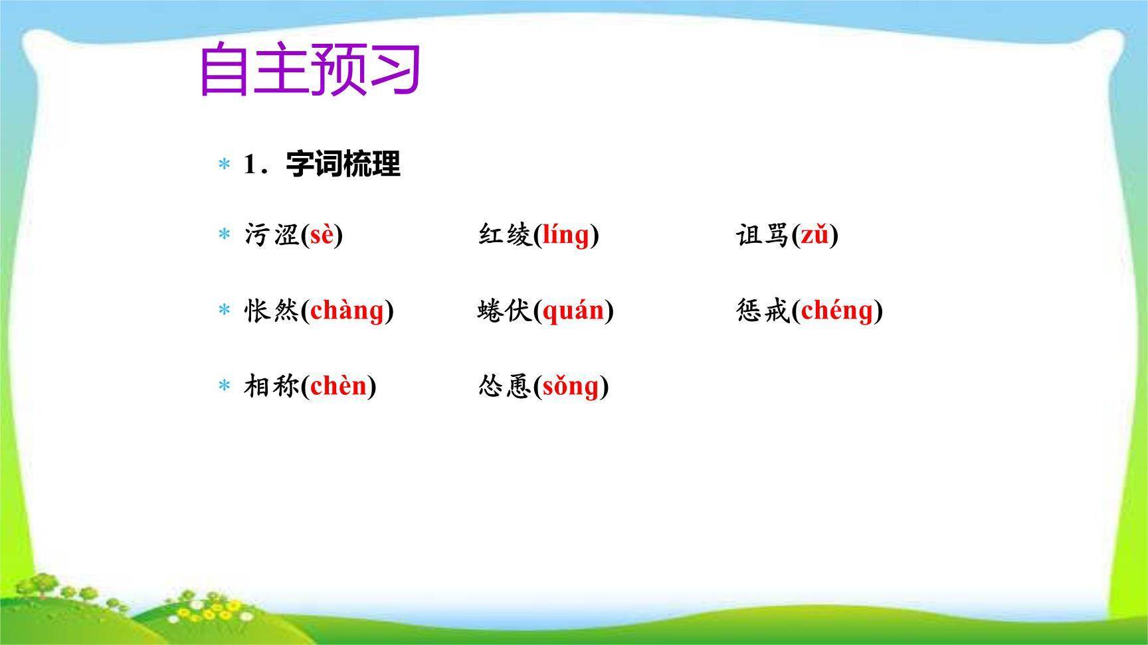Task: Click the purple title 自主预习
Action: click(310, 69)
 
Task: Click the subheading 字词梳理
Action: click(343, 164)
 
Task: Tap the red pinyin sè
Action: click(322, 235)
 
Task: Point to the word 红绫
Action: click(505, 235)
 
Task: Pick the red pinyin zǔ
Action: click(814, 235)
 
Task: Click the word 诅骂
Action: click(763, 235)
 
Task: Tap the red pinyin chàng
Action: click(347, 311)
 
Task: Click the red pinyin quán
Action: click(573, 311)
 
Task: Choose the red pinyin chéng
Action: click(837, 311)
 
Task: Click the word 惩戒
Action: click(763, 311)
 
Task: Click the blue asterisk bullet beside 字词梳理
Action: click(225, 165)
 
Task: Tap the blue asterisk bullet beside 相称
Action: click(225, 386)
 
